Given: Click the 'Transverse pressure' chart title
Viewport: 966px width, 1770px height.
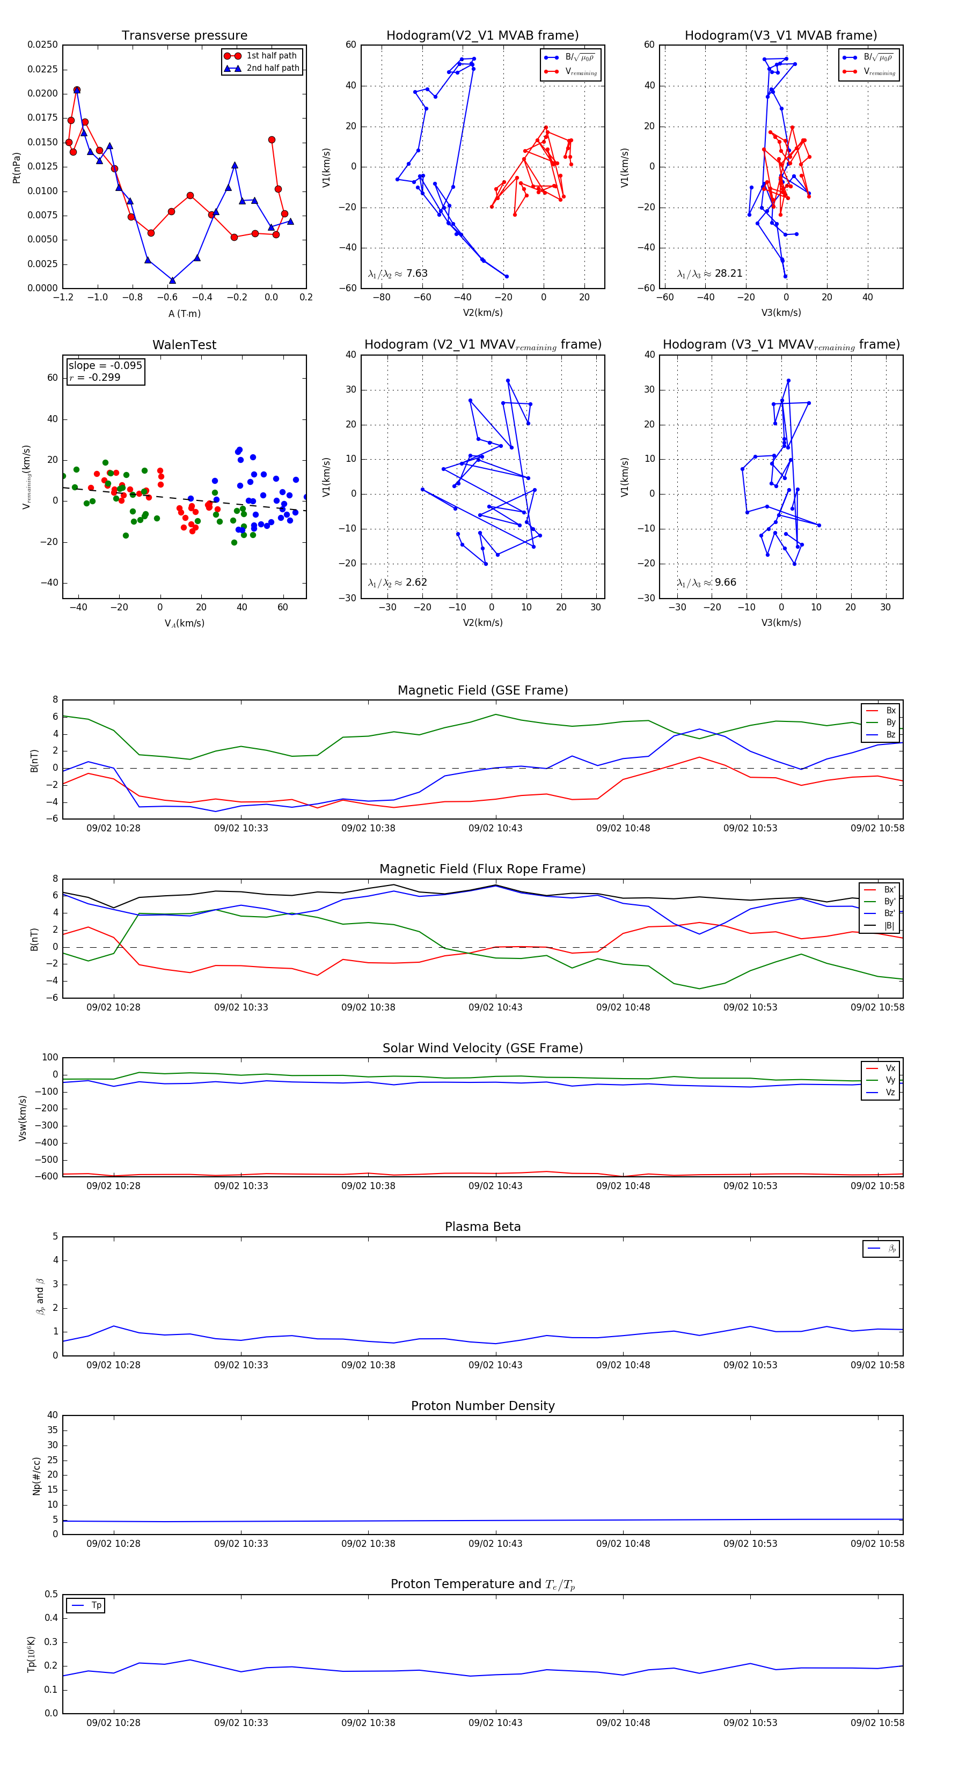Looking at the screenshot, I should point(184,36).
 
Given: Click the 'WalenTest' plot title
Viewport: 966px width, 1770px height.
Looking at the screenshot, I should point(184,345).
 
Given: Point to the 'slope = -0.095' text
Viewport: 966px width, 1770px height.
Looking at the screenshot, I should point(105,366).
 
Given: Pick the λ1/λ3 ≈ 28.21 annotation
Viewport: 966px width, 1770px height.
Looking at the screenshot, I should point(709,274).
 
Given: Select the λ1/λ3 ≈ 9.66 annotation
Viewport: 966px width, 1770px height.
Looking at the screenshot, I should point(706,582).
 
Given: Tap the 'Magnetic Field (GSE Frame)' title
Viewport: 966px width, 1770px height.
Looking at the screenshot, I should point(482,690).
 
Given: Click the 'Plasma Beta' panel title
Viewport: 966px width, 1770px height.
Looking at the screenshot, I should point(482,1227).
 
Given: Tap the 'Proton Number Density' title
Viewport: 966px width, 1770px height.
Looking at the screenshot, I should point(482,1406).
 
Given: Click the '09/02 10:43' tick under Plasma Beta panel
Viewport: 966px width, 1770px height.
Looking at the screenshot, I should point(495,1365).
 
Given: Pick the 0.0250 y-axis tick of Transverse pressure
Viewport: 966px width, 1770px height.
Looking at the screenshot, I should point(42,45).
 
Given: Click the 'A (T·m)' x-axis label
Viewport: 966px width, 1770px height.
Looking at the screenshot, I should point(184,314).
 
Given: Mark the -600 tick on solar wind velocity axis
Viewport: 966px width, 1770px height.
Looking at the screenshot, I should point(48,1176).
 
